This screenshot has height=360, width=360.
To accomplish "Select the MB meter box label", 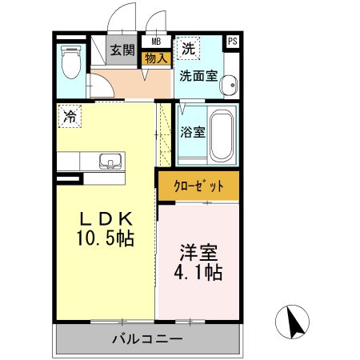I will click(x=155, y=42).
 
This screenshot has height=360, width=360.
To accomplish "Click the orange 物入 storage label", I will click(x=155, y=58).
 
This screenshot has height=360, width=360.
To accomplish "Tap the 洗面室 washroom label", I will click(x=198, y=78).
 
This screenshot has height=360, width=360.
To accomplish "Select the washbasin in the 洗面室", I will click(x=230, y=84).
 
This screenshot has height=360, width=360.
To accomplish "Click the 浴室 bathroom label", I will click(x=194, y=132).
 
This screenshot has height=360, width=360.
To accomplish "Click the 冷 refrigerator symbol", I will click(x=70, y=117).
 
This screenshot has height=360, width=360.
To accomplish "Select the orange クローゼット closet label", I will click(x=198, y=186).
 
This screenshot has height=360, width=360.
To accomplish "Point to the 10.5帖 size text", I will click(x=104, y=238).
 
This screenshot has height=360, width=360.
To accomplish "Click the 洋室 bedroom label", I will click(x=198, y=252).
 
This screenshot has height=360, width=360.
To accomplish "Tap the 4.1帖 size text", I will click(x=198, y=272).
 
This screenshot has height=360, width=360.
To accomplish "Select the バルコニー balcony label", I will click(x=146, y=339).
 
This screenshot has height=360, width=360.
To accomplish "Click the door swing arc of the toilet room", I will click(x=98, y=83).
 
